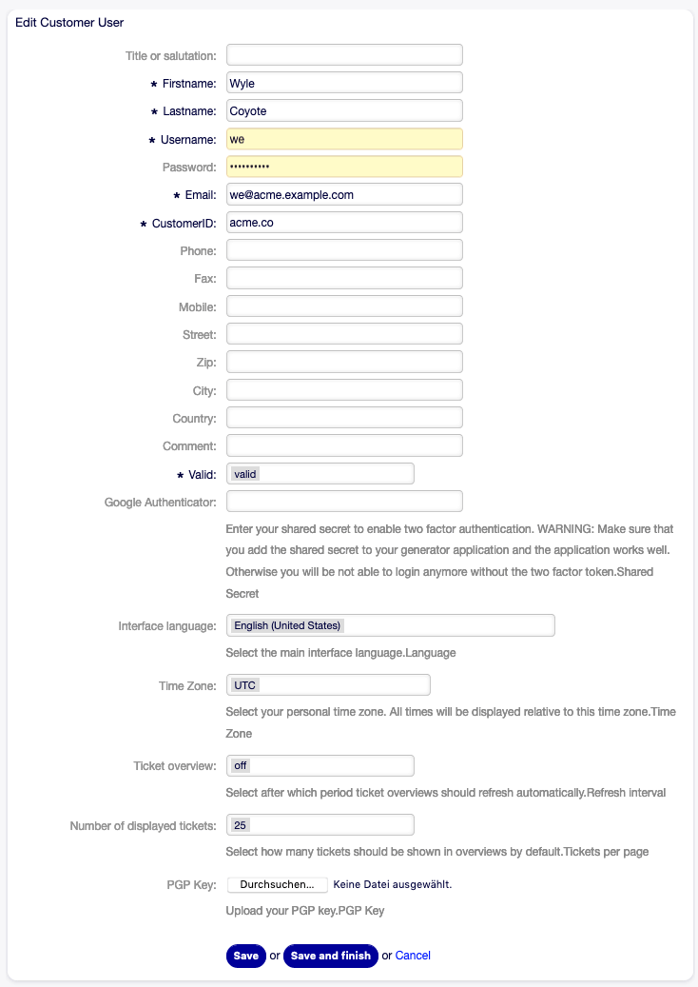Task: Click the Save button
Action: click(245, 956)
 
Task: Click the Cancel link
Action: click(413, 956)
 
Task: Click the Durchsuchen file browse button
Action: click(277, 885)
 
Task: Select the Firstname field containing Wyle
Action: click(344, 83)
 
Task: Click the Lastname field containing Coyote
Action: click(344, 110)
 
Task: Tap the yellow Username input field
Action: click(344, 139)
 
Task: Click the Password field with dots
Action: click(344, 167)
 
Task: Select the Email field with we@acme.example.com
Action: click(344, 194)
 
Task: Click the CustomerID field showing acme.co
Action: click(344, 223)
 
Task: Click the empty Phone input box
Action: click(344, 250)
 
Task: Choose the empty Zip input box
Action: click(344, 362)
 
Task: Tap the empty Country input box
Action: click(344, 418)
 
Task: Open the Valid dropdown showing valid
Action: click(320, 473)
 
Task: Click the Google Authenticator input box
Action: click(344, 501)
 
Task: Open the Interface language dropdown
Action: click(390, 625)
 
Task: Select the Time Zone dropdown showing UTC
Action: click(328, 685)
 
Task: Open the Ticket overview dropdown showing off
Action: click(320, 765)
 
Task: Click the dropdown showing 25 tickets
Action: click(320, 824)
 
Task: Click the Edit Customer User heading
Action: click(69, 22)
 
